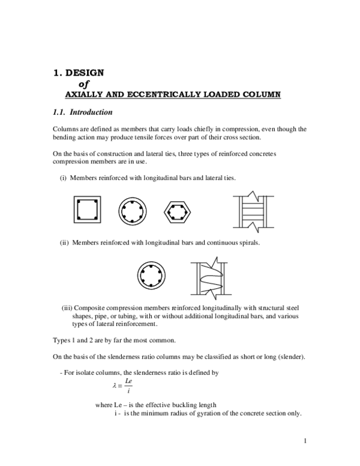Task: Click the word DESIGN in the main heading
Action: point(85,73)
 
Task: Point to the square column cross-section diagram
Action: point(87,210)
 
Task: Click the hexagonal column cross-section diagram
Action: point(178,210)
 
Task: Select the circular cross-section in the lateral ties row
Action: point(133,210)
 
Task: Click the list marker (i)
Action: point(62,178)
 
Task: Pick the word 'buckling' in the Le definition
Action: point(184,404)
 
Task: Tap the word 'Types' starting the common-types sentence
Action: point(62,340)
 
